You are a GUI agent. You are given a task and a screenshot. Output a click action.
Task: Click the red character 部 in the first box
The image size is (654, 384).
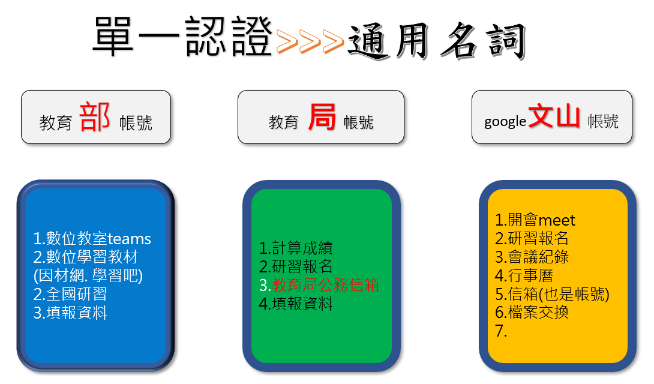[95, 117]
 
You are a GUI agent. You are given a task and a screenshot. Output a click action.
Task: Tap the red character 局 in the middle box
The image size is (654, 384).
[322, 117]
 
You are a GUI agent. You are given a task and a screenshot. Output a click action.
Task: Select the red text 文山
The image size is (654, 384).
[554, 116]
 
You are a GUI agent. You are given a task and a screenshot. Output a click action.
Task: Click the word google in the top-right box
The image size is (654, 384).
[505, 122]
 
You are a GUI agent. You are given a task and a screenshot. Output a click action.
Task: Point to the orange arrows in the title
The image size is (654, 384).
[310, 41]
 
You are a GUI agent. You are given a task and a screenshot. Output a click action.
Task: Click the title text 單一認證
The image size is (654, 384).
[182, 37]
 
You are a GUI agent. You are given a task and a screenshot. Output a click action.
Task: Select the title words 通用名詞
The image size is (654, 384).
[436, 41]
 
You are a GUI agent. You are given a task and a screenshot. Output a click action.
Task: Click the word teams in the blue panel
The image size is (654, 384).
[129, 239]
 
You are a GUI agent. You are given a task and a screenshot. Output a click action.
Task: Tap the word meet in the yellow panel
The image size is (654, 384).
[556, 220]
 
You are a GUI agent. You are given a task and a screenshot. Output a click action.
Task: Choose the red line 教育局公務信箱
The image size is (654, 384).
[325, 285]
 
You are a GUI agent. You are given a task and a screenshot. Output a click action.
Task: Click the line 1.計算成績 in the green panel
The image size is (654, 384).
[296, 248]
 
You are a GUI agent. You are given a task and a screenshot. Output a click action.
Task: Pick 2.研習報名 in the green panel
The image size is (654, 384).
[296, 266]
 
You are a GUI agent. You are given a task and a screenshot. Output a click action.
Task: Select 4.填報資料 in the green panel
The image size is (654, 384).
[296, 304]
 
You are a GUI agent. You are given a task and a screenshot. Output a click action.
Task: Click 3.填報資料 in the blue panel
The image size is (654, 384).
[70, 313]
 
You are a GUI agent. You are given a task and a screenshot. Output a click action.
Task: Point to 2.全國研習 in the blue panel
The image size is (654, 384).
[70, 295]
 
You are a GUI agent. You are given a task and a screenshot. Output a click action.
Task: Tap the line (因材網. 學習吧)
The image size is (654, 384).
[88, 275]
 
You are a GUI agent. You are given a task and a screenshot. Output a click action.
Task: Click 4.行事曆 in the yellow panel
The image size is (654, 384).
[524, 275]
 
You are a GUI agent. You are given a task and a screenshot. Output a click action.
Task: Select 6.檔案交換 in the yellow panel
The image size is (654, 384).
[532, 312]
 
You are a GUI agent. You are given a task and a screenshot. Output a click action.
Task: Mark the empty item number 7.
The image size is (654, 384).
[501, 331]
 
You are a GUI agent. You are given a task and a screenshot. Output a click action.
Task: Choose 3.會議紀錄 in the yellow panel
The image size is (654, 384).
[532, 257]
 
